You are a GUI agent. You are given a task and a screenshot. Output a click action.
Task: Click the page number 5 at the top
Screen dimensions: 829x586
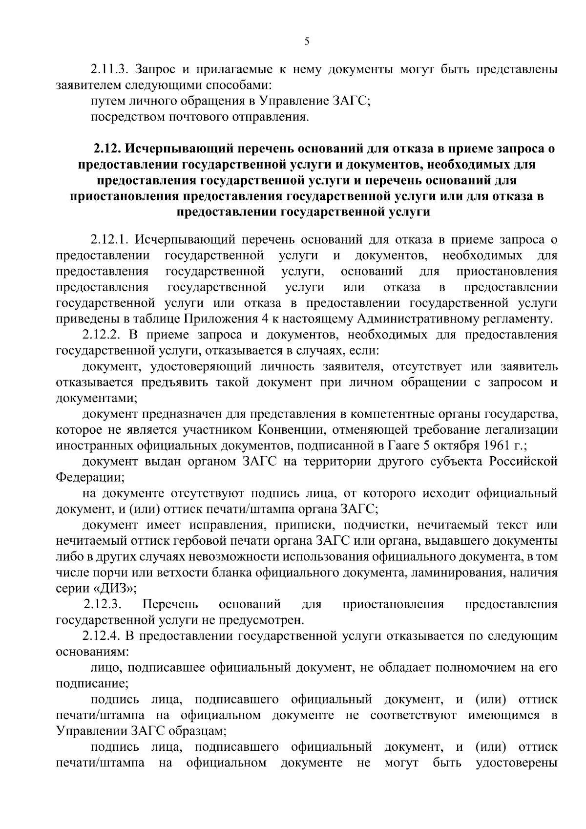coord(307,42)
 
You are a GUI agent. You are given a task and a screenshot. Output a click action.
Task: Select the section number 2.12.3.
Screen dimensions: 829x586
coord(102,605)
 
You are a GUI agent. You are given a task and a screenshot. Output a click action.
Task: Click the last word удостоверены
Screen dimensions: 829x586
coord(516,763)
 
